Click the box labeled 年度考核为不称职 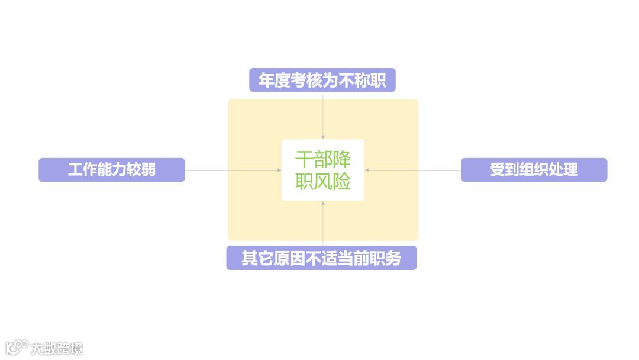tap(322, 81)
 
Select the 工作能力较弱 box tap(112, 170)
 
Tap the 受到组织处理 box tap(534, 170)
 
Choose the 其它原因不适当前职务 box tap(321, 258)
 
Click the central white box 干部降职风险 tap(322, 170)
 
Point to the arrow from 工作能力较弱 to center tap(233, 170)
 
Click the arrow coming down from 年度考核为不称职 tap(322, 115)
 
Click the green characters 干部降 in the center tap(323, 159)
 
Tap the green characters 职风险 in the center tap(323, 181)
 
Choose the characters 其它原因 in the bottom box tap(272, 258)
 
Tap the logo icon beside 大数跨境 tap(17, 347)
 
